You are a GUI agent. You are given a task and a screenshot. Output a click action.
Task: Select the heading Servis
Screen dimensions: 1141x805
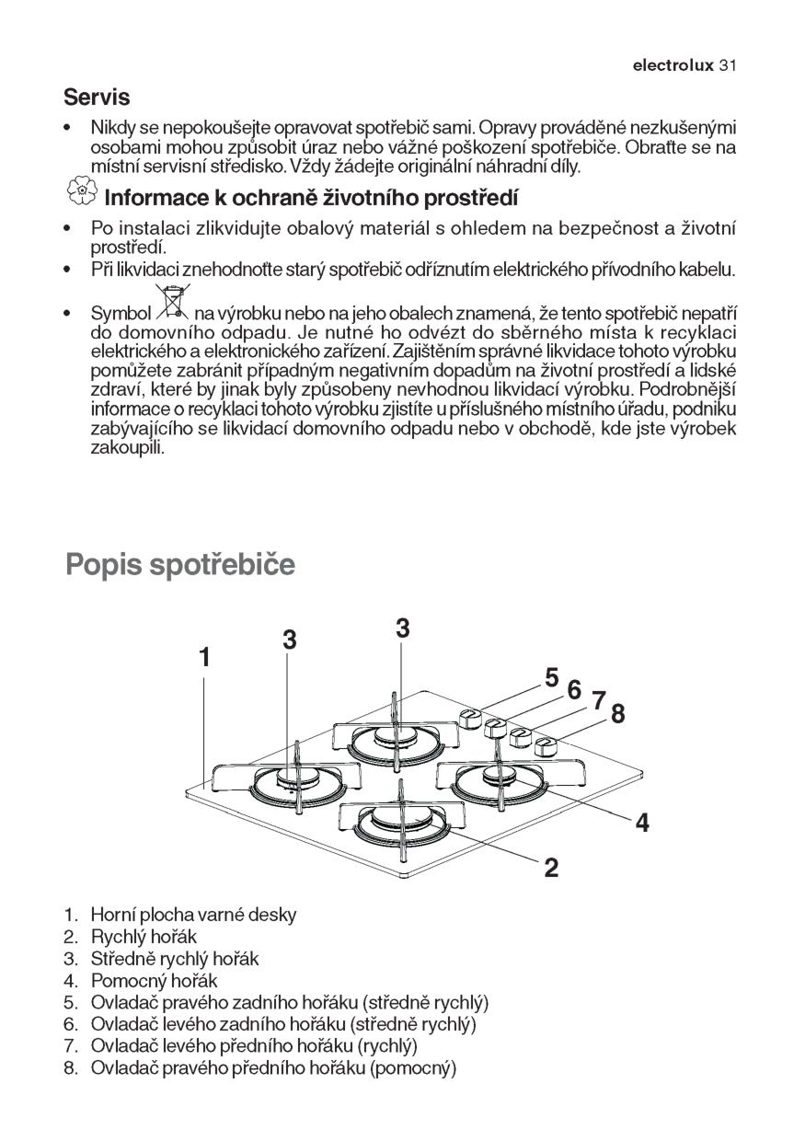click(97, 97)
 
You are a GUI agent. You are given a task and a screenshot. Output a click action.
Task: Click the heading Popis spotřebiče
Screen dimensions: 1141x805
click(180, 564)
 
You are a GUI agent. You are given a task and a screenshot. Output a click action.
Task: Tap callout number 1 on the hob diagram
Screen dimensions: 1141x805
click(204, 657)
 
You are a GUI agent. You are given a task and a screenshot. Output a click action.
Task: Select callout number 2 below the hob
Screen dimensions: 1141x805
click(551, 867)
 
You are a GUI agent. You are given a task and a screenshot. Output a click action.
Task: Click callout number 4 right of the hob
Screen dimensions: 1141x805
click(642, 822)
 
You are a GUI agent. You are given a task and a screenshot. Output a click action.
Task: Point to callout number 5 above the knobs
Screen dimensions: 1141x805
click(551, 677)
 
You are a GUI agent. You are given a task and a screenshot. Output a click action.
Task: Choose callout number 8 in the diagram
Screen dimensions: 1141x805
click(617, 713)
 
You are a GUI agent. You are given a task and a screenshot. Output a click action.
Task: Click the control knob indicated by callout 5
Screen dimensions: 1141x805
click(469, 718)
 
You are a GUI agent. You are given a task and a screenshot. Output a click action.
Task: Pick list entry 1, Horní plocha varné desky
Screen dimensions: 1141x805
click(193, 915)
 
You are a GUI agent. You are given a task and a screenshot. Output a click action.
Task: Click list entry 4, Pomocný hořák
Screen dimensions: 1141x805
click(154, 981)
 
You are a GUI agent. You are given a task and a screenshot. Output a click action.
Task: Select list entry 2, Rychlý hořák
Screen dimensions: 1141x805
click(144, 937)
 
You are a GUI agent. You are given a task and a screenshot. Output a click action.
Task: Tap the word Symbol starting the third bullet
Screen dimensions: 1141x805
click(121, 313)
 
